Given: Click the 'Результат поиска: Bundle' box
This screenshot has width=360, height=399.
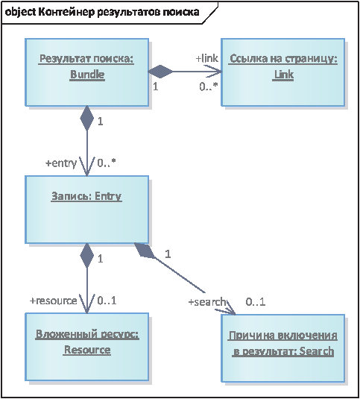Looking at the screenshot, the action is point(86,72).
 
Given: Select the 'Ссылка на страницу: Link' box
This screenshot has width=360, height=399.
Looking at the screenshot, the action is point(283,72).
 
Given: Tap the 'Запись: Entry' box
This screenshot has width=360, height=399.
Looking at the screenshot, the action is point(86,210).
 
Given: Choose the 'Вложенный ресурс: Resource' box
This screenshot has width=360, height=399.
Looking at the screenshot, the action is point(86,347).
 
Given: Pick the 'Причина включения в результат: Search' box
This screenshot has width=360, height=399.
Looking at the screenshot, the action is point(283,348).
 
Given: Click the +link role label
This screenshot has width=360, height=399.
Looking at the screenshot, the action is point(207,58).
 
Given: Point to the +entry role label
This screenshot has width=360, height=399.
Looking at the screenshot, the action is point(61,163).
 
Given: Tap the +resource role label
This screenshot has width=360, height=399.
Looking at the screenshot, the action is point(54,301).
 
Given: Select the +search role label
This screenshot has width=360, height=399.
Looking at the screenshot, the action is point(207,302).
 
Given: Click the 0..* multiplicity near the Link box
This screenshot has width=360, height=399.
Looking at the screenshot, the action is point(209,87).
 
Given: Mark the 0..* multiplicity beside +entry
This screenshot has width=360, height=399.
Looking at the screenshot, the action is point(107,163).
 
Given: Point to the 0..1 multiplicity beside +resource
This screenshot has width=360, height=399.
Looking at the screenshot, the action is point(107,301).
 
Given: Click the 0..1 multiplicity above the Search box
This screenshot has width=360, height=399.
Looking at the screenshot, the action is point(256,302).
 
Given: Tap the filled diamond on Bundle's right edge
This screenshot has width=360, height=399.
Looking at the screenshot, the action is point(160,72).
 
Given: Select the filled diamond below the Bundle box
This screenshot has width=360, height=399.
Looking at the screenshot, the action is point(87,119).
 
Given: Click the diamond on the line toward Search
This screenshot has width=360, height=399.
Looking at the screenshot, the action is point(145,251).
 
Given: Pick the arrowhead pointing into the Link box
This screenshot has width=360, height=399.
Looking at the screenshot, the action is point(213,72).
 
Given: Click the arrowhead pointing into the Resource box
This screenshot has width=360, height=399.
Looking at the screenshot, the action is point(87,304).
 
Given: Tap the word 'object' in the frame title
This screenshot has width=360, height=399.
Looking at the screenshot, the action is point(20,12).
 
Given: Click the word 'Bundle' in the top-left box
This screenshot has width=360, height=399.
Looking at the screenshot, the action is point(87,75).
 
